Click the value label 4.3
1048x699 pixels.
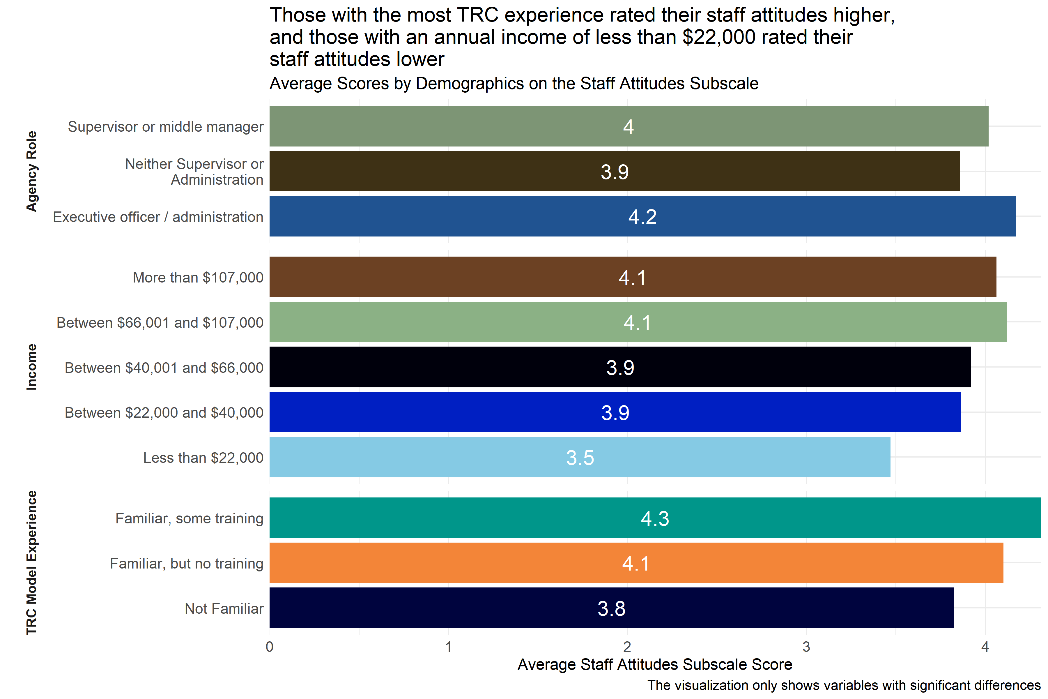pos(655,518)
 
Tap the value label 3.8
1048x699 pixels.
pos(611,608)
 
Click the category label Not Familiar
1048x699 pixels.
pos(224,608)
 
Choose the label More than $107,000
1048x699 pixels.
pos(198,277)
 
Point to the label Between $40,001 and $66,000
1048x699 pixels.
pos(164,368)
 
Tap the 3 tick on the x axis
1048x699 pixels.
pos(806,647)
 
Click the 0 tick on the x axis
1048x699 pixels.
pos(270,647)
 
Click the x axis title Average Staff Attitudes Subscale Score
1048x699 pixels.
pos(654,664)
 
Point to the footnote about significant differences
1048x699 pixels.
pos(843,685)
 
